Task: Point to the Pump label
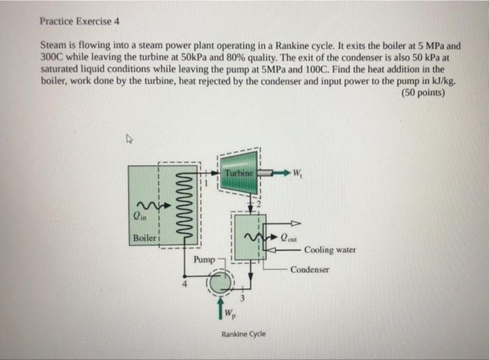204,259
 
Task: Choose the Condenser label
309,269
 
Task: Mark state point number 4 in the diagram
184,285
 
